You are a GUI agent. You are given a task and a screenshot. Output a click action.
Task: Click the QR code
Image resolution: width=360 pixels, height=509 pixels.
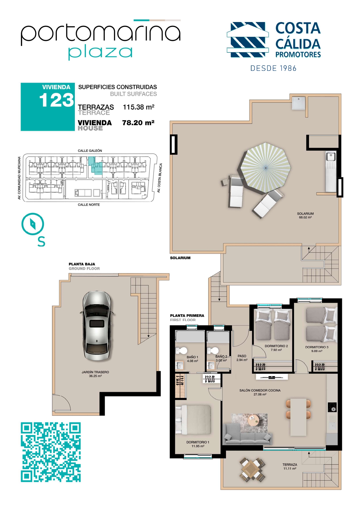[51, 452]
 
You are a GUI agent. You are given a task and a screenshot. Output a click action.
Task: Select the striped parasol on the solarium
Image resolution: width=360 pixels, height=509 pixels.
[265, 168]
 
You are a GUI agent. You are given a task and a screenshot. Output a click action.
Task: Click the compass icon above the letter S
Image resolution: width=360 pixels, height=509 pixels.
[33, 224]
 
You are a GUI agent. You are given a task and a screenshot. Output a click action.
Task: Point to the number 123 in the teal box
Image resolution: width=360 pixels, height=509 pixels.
[57, 100]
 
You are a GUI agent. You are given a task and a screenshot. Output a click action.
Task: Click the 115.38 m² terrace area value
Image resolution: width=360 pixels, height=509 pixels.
[139, 107]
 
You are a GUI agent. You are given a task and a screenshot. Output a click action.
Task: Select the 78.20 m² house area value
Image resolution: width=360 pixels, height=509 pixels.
[138, 123]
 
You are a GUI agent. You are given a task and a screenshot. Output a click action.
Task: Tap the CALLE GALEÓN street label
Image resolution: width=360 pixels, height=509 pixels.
[90, 151]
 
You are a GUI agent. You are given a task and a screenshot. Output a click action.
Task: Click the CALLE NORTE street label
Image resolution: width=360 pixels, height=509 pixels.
[89, 205]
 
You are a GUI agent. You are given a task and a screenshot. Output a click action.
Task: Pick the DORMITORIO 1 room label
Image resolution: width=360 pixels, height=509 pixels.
[198, 442]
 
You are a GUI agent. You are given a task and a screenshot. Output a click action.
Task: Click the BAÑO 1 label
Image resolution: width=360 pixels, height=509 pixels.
[192, 357]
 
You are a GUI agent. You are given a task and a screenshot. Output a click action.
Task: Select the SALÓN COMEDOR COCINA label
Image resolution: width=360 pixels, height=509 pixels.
[260, 390]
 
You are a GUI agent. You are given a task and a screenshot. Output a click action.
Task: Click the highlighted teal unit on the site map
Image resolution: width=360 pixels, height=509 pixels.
[96, 166]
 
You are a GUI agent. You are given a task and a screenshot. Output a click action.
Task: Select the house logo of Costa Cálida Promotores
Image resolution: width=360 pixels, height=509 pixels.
[247, 39]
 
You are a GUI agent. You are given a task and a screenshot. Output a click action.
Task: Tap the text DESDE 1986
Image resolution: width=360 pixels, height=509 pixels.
[274, 68]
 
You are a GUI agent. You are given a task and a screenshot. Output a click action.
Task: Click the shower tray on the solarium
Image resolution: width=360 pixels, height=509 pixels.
[299, 103]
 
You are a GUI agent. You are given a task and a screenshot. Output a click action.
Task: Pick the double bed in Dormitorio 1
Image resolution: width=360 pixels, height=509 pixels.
[193, 420]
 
